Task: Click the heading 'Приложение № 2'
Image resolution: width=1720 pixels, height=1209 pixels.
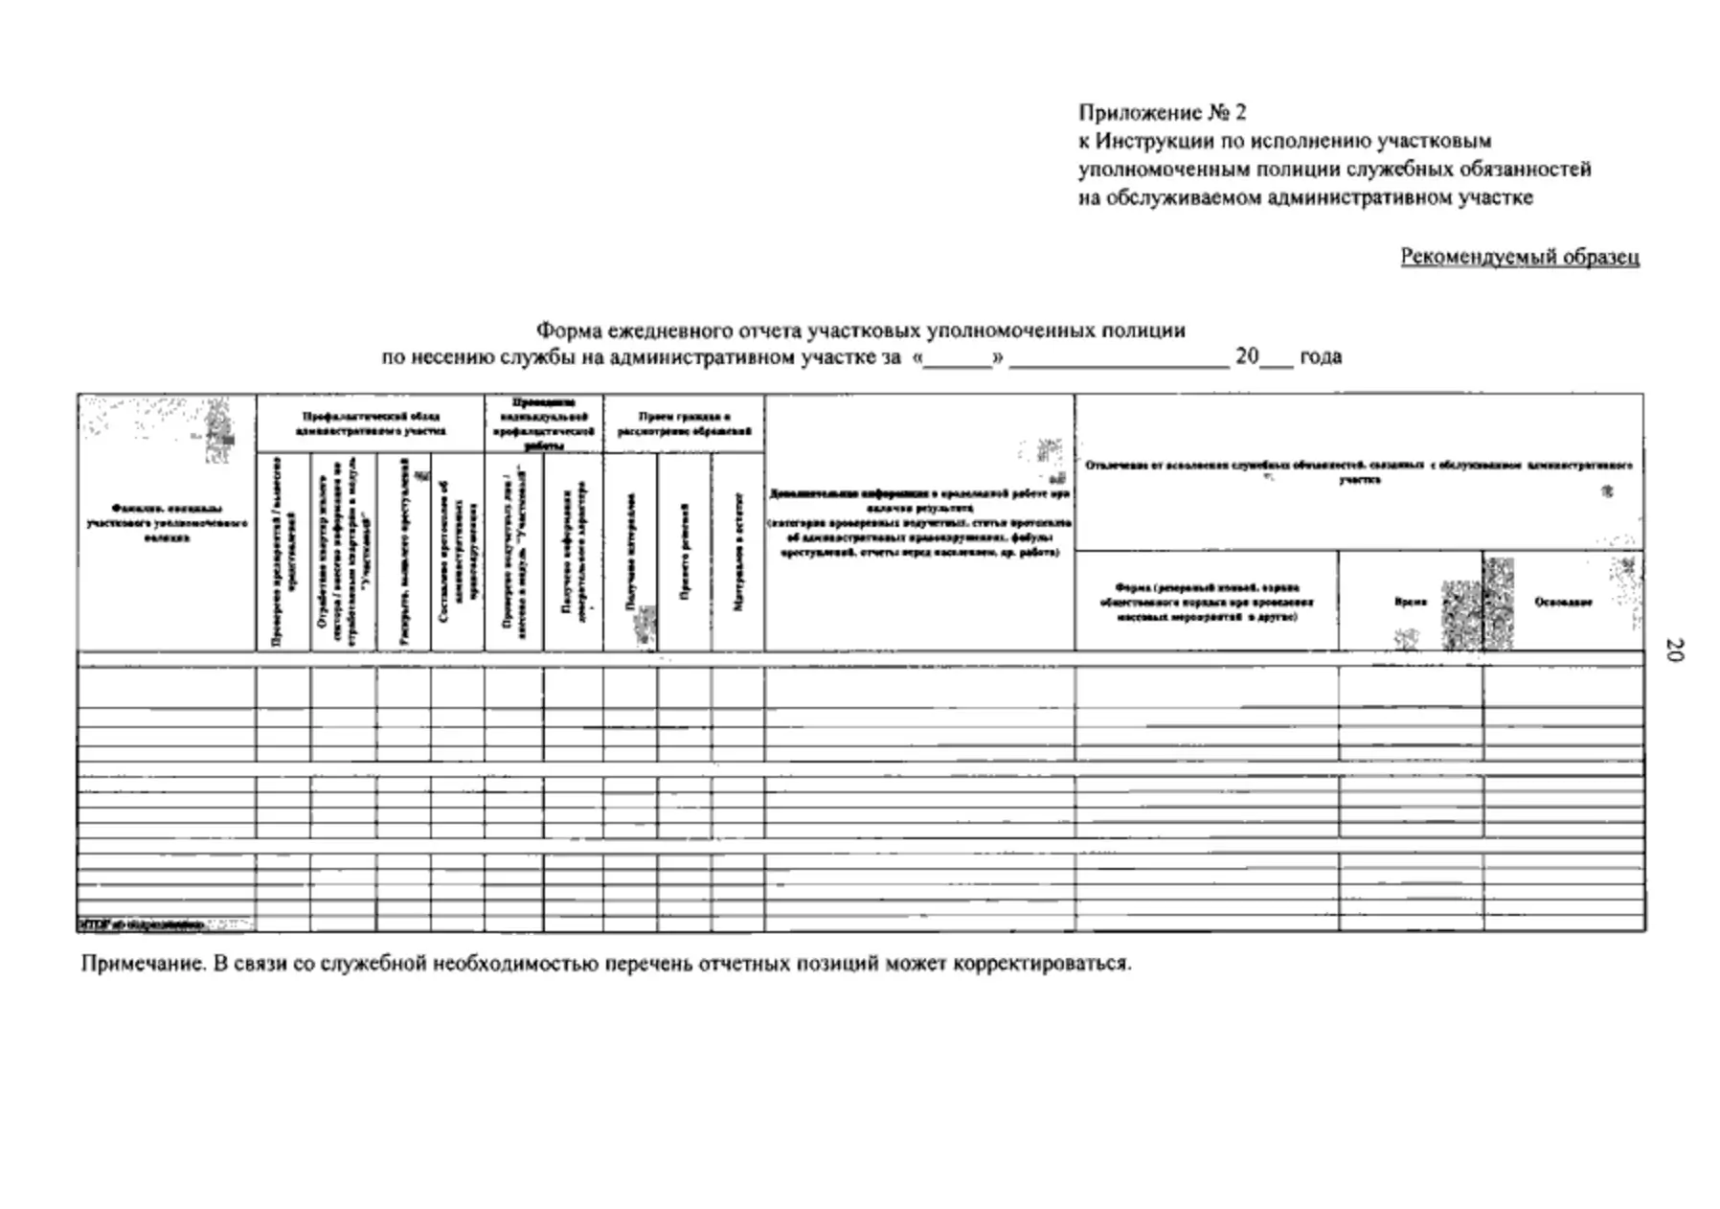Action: coord(1162,113)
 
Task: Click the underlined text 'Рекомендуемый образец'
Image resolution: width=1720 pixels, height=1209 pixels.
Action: coord(1519,257)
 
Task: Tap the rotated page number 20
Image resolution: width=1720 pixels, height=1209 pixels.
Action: coord(1673,650)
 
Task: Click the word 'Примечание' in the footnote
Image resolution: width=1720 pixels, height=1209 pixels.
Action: coord(143,964)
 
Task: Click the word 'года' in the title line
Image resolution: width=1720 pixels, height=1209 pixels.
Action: coord(1320,356)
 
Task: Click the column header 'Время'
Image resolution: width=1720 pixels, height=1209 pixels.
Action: coord(1410,602)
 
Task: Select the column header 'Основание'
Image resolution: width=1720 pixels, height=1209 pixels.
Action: coord(1562,602)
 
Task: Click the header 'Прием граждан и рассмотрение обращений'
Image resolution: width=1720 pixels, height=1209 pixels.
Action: coord(684,423)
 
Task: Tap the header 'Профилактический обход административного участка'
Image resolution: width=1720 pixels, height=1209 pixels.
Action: coord(370,423)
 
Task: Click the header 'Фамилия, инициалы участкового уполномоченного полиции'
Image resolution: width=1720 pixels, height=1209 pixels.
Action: coord(167,523)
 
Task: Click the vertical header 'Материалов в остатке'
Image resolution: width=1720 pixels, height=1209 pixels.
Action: coord(738,552)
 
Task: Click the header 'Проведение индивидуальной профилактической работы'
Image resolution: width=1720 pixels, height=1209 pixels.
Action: coord(543,423)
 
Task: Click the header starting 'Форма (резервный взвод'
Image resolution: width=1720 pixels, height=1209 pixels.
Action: coord(1206,602)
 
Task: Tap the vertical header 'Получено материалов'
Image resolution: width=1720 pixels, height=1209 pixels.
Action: coord(630,552)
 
